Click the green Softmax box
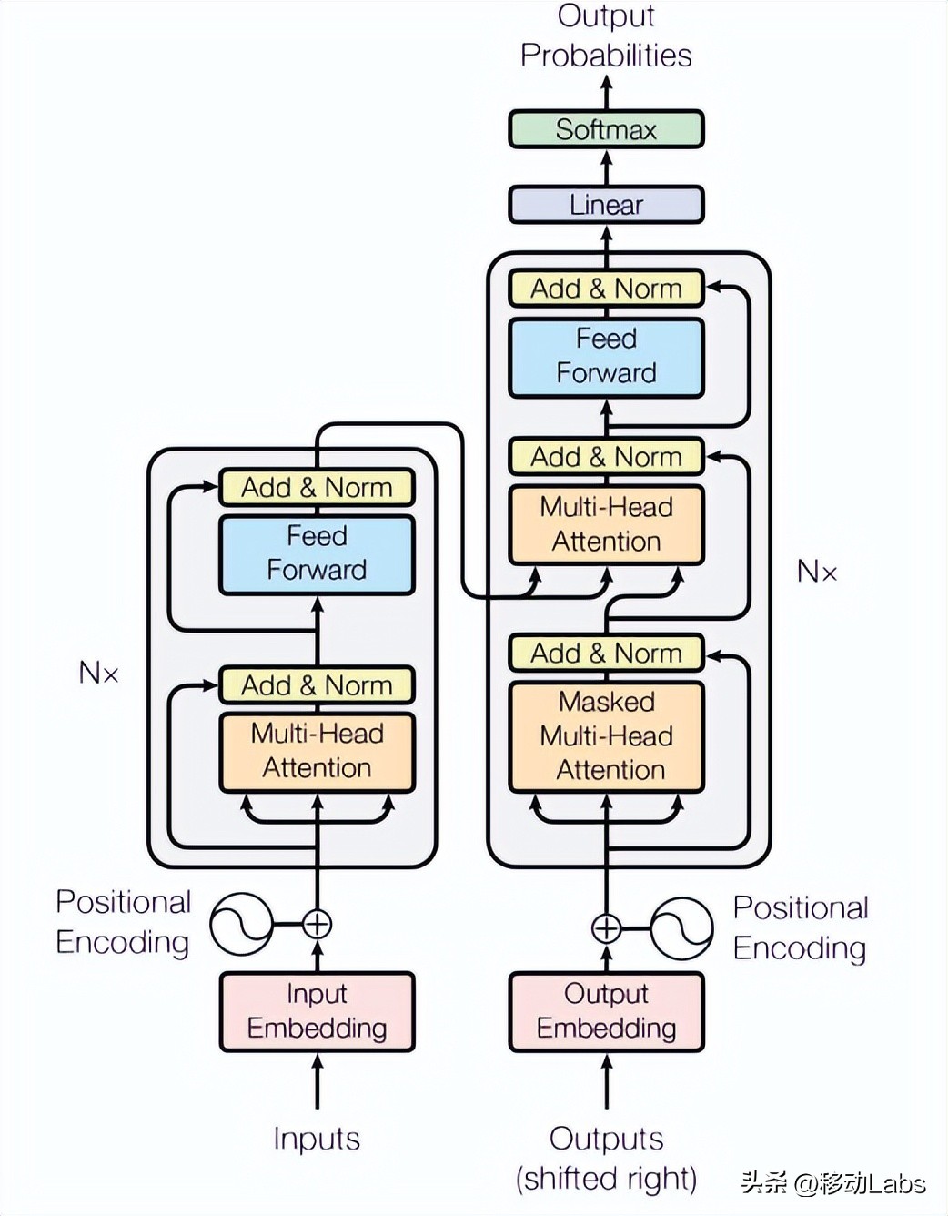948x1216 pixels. click(606, 129)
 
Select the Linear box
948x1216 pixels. click(606, 205)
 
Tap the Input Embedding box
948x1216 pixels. click(317, 1011)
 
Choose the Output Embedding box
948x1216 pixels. click(606, 1011)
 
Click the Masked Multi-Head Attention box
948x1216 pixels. click(606, 736)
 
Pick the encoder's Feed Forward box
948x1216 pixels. click(317, 553)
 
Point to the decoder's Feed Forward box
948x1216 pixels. click(606, 356)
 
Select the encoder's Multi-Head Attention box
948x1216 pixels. click(317, 751)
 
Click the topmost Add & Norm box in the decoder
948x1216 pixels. click(606, 289)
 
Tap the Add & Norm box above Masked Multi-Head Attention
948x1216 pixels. click(606, 654)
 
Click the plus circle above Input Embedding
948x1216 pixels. click(317, 925)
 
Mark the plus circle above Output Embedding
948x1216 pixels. click(606, 928)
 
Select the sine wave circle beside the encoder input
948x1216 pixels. click(242, 924)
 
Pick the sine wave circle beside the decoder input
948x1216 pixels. click(681, 928)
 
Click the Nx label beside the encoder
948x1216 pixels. click(99, 674)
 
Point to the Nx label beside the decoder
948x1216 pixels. click(816, 572)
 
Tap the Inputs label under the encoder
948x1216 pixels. click(317, 1139)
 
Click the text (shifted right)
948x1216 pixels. click(606, 1179)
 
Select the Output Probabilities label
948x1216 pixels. click(606, 36)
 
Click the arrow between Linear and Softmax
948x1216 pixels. click(607, 167)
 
